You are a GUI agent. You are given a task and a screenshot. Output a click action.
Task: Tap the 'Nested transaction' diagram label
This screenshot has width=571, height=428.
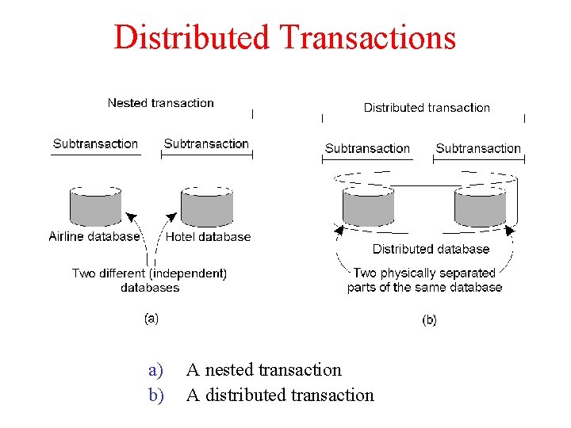pyautogui.click(x=160, y=103)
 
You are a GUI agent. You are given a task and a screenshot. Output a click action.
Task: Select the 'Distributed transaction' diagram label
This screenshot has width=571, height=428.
pyautogui.click(x=427, y=108)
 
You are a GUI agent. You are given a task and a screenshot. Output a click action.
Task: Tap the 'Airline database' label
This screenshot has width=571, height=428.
pyautogui.click(x=94, y=236)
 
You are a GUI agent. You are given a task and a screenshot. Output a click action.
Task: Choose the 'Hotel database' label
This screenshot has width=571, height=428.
pyautogui.click(x=208, y=236)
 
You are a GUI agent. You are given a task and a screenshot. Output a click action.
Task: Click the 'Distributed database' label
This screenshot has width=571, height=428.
pyautogui.click(x=431, y=249)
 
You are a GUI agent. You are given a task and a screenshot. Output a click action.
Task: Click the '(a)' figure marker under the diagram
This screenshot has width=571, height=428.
pyautogui.click(x=151, y=319)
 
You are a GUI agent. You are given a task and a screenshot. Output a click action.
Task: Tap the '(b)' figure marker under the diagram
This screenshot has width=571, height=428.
pyautogui.click(x=429, y=320)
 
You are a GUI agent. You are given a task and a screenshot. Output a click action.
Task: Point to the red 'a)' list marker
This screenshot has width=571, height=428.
pyautogui.click(x=155, y=370)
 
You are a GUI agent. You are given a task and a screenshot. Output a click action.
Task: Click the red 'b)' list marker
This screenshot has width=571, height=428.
pyautogui.click(x=155, y=395)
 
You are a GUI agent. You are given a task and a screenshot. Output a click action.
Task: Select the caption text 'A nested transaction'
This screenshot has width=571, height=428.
pyautogui.click(x=263, y=370)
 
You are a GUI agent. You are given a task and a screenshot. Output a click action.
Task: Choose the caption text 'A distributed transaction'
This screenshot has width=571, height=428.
pyautogui.click(x=279, y=395)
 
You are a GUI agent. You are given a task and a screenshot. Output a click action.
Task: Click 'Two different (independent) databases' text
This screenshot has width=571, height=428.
pyautogui.click(x=149, y=281)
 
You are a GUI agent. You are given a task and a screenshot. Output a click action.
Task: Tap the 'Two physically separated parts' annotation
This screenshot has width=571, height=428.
pyautogui.click(x=424, y=280)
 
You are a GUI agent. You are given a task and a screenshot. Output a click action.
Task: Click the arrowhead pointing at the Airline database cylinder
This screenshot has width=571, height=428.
pyautogui.click(x=131, y=213)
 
